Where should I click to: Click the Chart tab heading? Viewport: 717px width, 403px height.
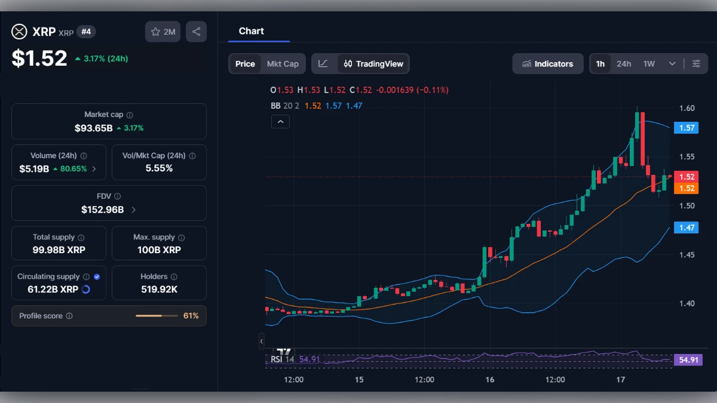click(x=251, y=31)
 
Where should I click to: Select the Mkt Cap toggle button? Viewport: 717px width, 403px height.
click(x=283, y=64)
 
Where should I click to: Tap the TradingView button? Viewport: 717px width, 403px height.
click(x=373, y=64)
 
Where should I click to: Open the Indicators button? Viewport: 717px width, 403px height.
click(x=547, y=64)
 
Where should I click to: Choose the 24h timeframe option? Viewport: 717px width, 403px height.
click(x=624, y=64)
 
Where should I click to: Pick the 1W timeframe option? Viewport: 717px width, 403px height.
click(x=649, y=64)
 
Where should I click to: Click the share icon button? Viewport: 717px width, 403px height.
click(x=196, y=32)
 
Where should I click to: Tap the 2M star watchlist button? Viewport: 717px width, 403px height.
click(x=163, y=32)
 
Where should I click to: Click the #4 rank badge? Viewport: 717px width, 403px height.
click(x=86, y=32)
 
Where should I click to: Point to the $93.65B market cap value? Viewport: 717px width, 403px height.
click(x=94, y=128)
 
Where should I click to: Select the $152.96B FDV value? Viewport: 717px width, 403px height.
click(x=103, y=210)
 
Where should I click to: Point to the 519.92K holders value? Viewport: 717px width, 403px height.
click(x=159, y=290)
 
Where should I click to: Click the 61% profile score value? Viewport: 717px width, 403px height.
click(x=191, y=316)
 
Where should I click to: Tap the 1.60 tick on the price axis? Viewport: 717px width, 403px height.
click(x=687, y=108)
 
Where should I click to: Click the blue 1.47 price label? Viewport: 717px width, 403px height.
click(x=685, y=227)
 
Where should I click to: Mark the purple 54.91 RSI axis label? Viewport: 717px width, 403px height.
click(x=687, y=360)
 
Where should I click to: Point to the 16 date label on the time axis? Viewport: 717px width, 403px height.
click(x=490, y=380)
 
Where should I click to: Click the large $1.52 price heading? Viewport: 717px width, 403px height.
click(x=39, y=58)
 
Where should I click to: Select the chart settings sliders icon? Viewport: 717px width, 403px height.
click(x=696, y=64)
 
